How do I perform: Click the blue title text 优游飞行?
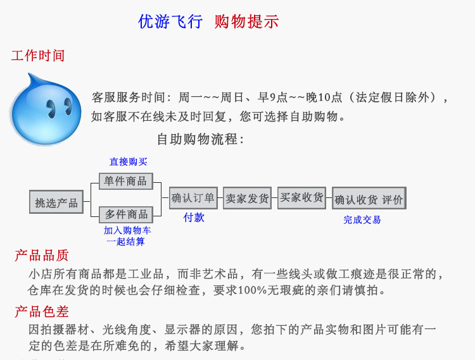point(170,22)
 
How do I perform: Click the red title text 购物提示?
point(246,22)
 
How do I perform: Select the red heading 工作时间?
point(38,56)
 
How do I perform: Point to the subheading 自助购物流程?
point(200,139)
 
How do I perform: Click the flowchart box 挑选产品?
point(56,202)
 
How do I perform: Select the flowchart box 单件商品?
point(125,182)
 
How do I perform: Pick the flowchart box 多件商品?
point(125,214)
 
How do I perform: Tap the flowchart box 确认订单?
point(193,198)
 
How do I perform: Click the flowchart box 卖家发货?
point(247,198)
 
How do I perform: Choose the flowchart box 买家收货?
point(301,197)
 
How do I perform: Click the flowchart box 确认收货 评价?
point(369,199)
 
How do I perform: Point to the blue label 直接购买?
point(128,162)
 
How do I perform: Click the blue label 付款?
point(194,218)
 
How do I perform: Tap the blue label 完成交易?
point(362,220)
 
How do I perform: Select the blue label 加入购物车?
point(127,231)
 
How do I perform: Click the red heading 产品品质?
point(42,256)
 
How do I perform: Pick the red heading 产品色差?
point(42,312)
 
